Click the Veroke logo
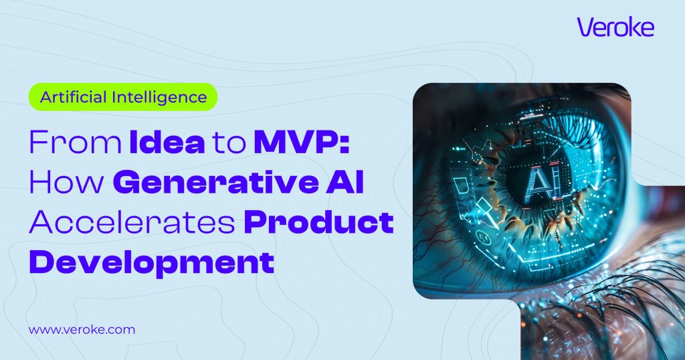[615, 27]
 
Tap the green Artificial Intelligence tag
[123, 96]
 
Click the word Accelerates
[132, 222]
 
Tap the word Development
[151, 262]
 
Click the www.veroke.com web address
[82, 329]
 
